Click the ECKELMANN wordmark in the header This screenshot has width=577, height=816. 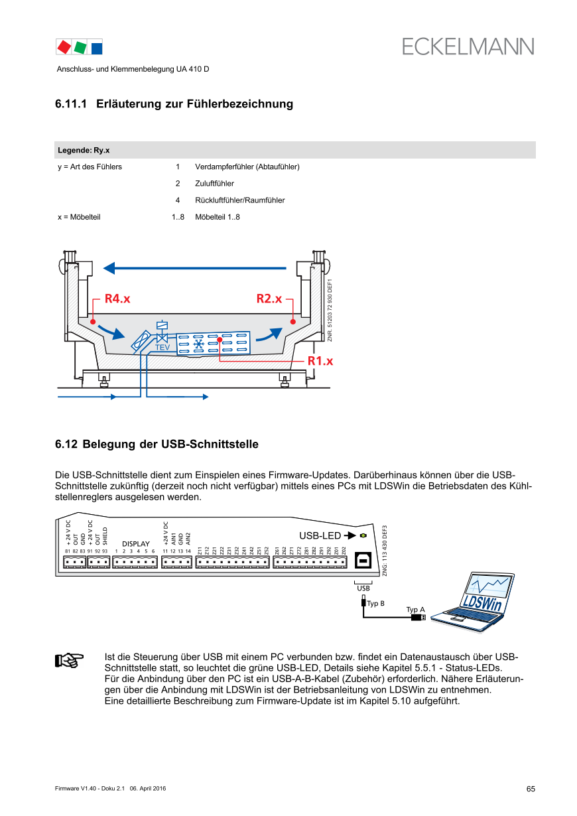pos(468,46)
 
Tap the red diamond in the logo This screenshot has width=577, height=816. pos(64,47)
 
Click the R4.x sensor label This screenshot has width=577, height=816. pos(117,299)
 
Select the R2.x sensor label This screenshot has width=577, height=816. pos(269,299)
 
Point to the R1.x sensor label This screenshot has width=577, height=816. pos(320,361)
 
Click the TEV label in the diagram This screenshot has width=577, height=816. pos(162,347)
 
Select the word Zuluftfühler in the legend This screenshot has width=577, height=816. pos(214,183)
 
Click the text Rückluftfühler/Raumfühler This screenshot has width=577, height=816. pos(239,200)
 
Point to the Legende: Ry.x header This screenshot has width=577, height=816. pos(84,150)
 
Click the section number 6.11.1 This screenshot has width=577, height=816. pos(71,104)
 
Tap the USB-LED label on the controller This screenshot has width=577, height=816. pos(320,535)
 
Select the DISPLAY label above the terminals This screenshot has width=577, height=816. pos(135,544)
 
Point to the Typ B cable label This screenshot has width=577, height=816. pos(376,604)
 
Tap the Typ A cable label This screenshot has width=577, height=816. pos(415,610)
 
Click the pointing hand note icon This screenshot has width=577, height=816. pos(69,660)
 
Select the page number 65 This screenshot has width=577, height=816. pos(531,789)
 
